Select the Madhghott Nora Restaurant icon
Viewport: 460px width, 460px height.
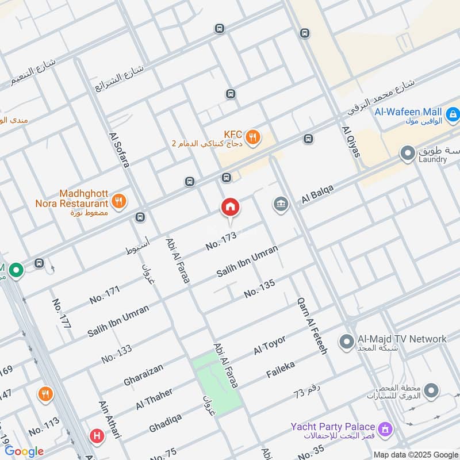coord(120,201)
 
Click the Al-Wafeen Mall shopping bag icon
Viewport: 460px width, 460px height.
coord(453,115)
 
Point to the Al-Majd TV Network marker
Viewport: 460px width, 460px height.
coord(346,343)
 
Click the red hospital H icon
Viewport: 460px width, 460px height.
coord(97,436)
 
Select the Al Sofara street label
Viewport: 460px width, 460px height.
coord(118,150)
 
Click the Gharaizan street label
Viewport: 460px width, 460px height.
coord(143,374)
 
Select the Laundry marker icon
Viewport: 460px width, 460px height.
coord(408,154)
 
